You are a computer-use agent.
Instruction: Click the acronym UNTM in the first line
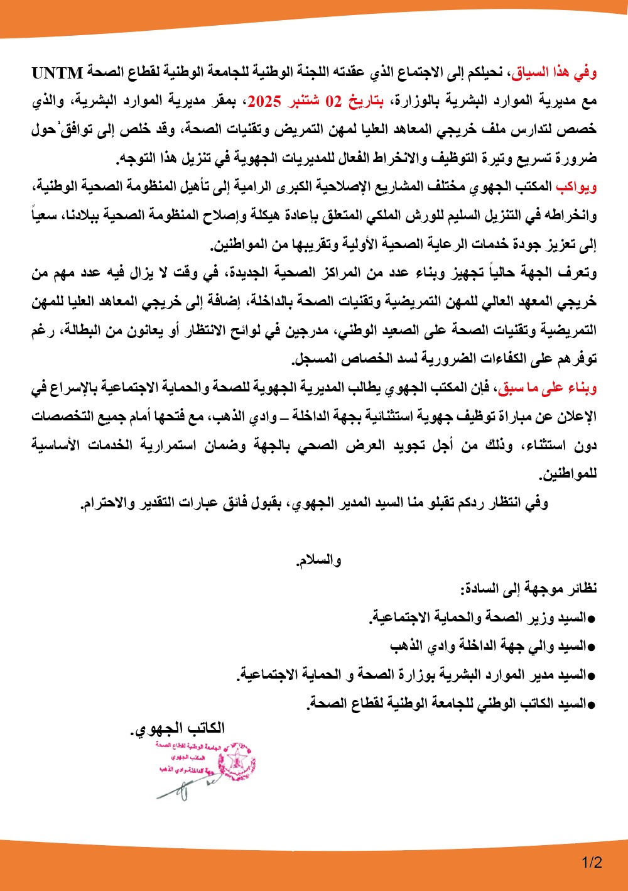[x=57, y=74]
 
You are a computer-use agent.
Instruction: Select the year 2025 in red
[x=264, y=101]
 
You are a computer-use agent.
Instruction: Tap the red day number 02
[x=333, y=101]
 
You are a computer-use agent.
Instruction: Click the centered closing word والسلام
[x=318, y=560]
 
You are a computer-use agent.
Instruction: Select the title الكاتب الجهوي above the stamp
[x=178, y=729]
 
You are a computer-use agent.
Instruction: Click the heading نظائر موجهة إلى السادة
[x=529, y=589]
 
